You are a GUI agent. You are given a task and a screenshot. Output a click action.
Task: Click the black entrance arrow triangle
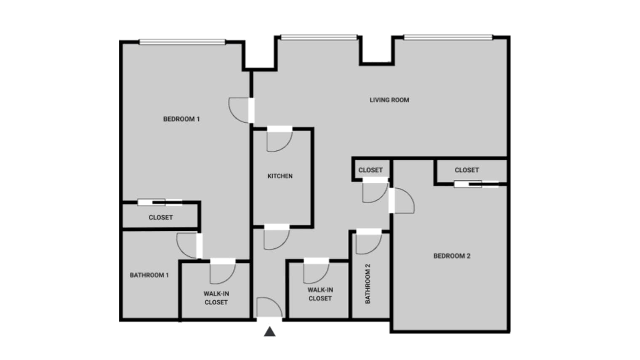(269, 332)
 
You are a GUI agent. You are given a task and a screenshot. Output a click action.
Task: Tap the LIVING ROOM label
(389, 100)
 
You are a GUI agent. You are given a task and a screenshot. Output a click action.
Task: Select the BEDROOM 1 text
(181, 119)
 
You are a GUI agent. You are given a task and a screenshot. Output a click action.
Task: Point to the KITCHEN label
(280, 176)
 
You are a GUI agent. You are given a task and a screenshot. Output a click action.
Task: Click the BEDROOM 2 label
(452, 256)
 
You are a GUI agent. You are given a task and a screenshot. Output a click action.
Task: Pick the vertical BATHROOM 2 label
(368, 283)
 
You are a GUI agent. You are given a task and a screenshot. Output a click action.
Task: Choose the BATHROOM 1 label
(149, 275)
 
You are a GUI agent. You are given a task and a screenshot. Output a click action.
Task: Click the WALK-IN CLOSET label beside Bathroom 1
(216, 298)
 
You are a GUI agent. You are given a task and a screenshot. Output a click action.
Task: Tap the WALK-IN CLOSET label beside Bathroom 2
(320, 294)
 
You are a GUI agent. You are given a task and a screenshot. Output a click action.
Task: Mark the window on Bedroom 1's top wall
(182, 42)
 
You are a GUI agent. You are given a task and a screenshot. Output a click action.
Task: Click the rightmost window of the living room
(448, 37)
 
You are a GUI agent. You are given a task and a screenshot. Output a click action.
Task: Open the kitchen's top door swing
(279, 140)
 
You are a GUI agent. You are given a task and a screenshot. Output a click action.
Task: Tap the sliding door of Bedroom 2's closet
(476, 184)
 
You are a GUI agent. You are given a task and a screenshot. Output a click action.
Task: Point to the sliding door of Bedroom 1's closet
(160, 203)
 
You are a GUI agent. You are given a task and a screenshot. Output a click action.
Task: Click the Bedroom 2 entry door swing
(402, 201)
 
